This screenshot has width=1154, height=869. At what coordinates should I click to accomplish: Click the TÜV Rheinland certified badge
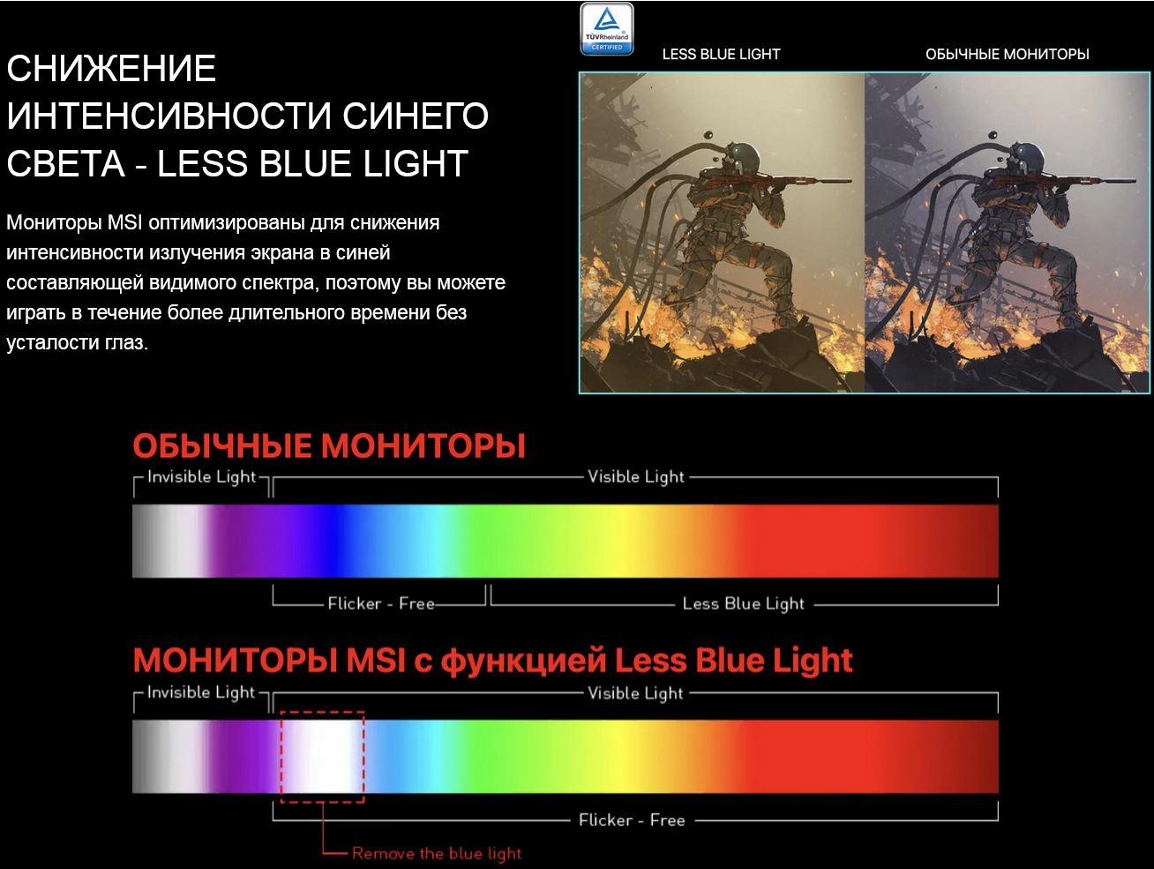(x=607, y=29)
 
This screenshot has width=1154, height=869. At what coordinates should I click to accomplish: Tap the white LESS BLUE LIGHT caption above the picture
(x=721, y=54)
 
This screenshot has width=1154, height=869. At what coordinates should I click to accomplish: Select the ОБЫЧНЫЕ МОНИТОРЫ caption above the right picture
(x=1007, y=54)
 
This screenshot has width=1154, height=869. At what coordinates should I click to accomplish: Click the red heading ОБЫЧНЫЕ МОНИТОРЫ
(x=329, y=446)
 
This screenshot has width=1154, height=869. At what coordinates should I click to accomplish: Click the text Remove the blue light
(x=437, y=853)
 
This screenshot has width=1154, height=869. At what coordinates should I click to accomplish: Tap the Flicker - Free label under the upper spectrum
(x=381, y=603)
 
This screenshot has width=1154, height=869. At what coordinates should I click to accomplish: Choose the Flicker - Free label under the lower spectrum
(x=632, y=820)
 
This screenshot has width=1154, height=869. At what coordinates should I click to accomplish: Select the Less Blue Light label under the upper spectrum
(x=744, y=603)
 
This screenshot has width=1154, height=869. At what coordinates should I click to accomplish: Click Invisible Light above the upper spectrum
(x=201, y=476)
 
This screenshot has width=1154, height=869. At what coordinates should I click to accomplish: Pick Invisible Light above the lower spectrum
(x=201, y=693)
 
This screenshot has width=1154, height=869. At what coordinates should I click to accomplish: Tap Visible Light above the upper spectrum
(x=635, y=476)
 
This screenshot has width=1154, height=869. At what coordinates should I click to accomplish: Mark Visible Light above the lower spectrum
(x=635, y=693)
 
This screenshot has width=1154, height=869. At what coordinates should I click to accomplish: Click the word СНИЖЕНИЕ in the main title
(x=111, y=68)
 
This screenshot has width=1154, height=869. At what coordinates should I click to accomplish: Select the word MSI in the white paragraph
(x=124, y=222)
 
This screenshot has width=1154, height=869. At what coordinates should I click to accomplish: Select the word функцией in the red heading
(x=522, y=661)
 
